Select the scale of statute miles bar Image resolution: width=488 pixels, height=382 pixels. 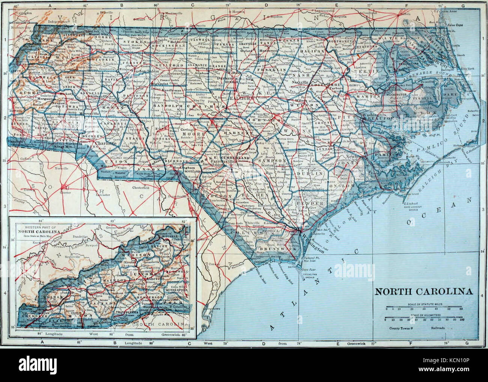point(423,307)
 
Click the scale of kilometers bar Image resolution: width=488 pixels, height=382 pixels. point(423,317)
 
